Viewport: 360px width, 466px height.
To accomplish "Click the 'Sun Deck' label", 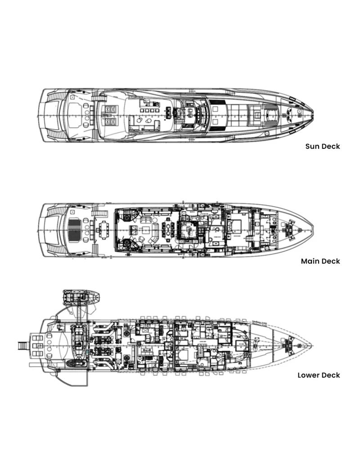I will pos(323,146).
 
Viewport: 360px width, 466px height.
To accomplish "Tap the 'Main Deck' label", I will pos(320,261).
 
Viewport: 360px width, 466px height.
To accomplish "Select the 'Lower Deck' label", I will pos(319,375).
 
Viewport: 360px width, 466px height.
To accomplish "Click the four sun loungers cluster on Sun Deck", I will pos(109,115).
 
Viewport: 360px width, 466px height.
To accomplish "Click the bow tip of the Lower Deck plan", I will pos(313,345).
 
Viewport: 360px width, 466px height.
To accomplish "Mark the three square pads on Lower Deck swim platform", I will pos(35,346).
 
